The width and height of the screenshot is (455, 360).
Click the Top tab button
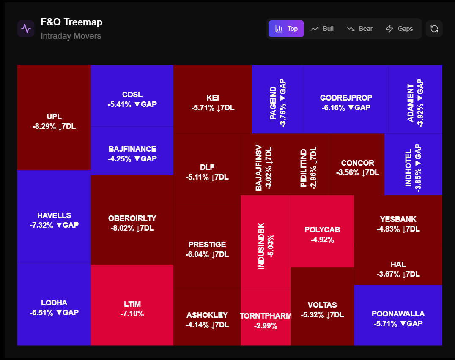pyautogui.click(x=286, y=29)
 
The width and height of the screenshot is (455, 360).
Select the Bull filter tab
pyautogui.click(x=322, y=29)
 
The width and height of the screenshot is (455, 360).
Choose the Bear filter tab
pyautogui.click(x=359, y=29)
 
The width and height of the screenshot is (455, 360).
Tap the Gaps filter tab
pyautogui.click(x=399, y=29)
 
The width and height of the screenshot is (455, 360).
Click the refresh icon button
pyautogui.click(x=434, y=29)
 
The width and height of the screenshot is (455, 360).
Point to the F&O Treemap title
pyautogui.click(x=71, y=22)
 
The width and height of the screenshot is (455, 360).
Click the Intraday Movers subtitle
pyautogui.click(x=71, y=36)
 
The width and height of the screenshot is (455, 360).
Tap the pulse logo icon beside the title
pyautogui.click(x=26, y=29)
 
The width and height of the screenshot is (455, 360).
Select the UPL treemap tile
pyautogui.click(x=54, y=118)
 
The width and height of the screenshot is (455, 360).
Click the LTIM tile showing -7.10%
pyautogui.click(x=132, y=305)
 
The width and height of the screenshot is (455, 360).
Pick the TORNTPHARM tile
pyautogui.click(x=266, y=317)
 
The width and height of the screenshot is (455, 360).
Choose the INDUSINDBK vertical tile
pyautogui.click(x=266, y=242)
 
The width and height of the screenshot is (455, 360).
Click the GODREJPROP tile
pyautogui.click(x=346, y=99)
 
